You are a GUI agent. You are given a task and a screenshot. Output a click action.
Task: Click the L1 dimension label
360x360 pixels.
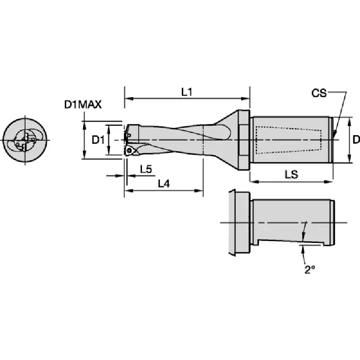pos(186,92)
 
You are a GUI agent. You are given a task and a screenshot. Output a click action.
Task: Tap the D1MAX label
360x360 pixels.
pos(83,105)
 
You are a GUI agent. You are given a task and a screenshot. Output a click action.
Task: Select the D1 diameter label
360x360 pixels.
pos(98,140)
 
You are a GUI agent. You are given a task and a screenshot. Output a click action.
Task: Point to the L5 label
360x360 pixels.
pos(146,170)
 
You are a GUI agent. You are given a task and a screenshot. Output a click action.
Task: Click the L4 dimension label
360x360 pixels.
pos(164,184)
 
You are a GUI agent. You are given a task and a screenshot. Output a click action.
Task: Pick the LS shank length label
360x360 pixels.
pos(291,175)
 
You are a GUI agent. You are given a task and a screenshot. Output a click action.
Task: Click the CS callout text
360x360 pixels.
pos(319,93)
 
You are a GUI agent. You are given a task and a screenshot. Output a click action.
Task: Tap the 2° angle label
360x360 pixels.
pos(310,270)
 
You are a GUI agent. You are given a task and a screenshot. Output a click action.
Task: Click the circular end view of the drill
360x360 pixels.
pos(25,140)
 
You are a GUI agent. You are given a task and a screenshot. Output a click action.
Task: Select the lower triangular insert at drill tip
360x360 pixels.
pos(129,151)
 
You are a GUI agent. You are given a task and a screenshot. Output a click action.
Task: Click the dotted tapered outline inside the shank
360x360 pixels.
pos(288,139)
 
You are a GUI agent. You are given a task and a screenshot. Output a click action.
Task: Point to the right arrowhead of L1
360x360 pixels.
pos(246,99)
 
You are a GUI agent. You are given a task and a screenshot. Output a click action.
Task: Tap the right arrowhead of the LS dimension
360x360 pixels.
pos(328,182)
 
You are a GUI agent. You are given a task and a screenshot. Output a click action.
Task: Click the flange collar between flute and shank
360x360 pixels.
pos(244,140)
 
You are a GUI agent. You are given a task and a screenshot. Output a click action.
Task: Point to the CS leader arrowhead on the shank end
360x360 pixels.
pos(334,134)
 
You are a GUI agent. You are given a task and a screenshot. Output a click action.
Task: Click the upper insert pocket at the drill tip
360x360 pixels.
pos(132,133)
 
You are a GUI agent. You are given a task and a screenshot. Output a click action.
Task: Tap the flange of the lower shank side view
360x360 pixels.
pos(239,223)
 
